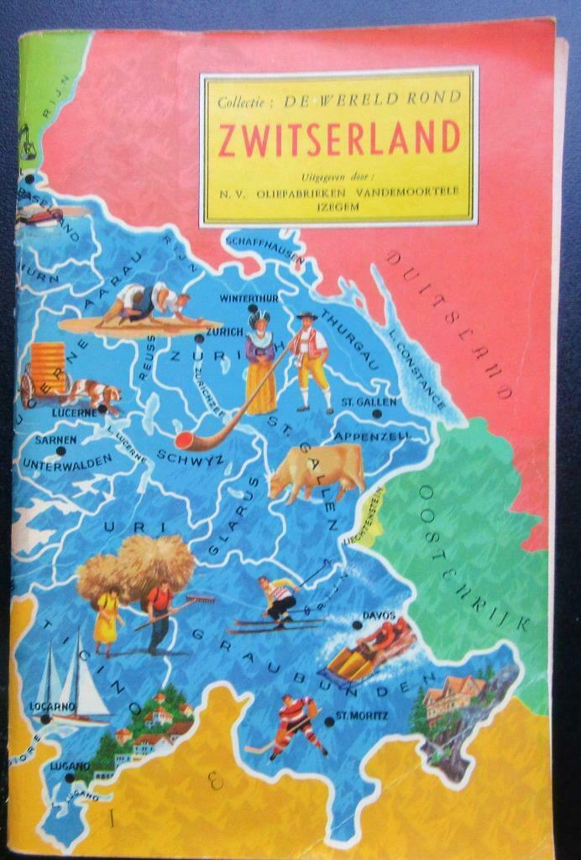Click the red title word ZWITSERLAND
click(x=339, y=139)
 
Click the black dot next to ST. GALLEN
click(x=377, y=413)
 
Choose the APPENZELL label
click(x=372, y=437)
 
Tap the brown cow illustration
click(x=317, y=472)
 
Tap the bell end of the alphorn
click(x=184, y=441)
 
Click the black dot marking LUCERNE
click(x=102, y=409)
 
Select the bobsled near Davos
click(x=369, y=649)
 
